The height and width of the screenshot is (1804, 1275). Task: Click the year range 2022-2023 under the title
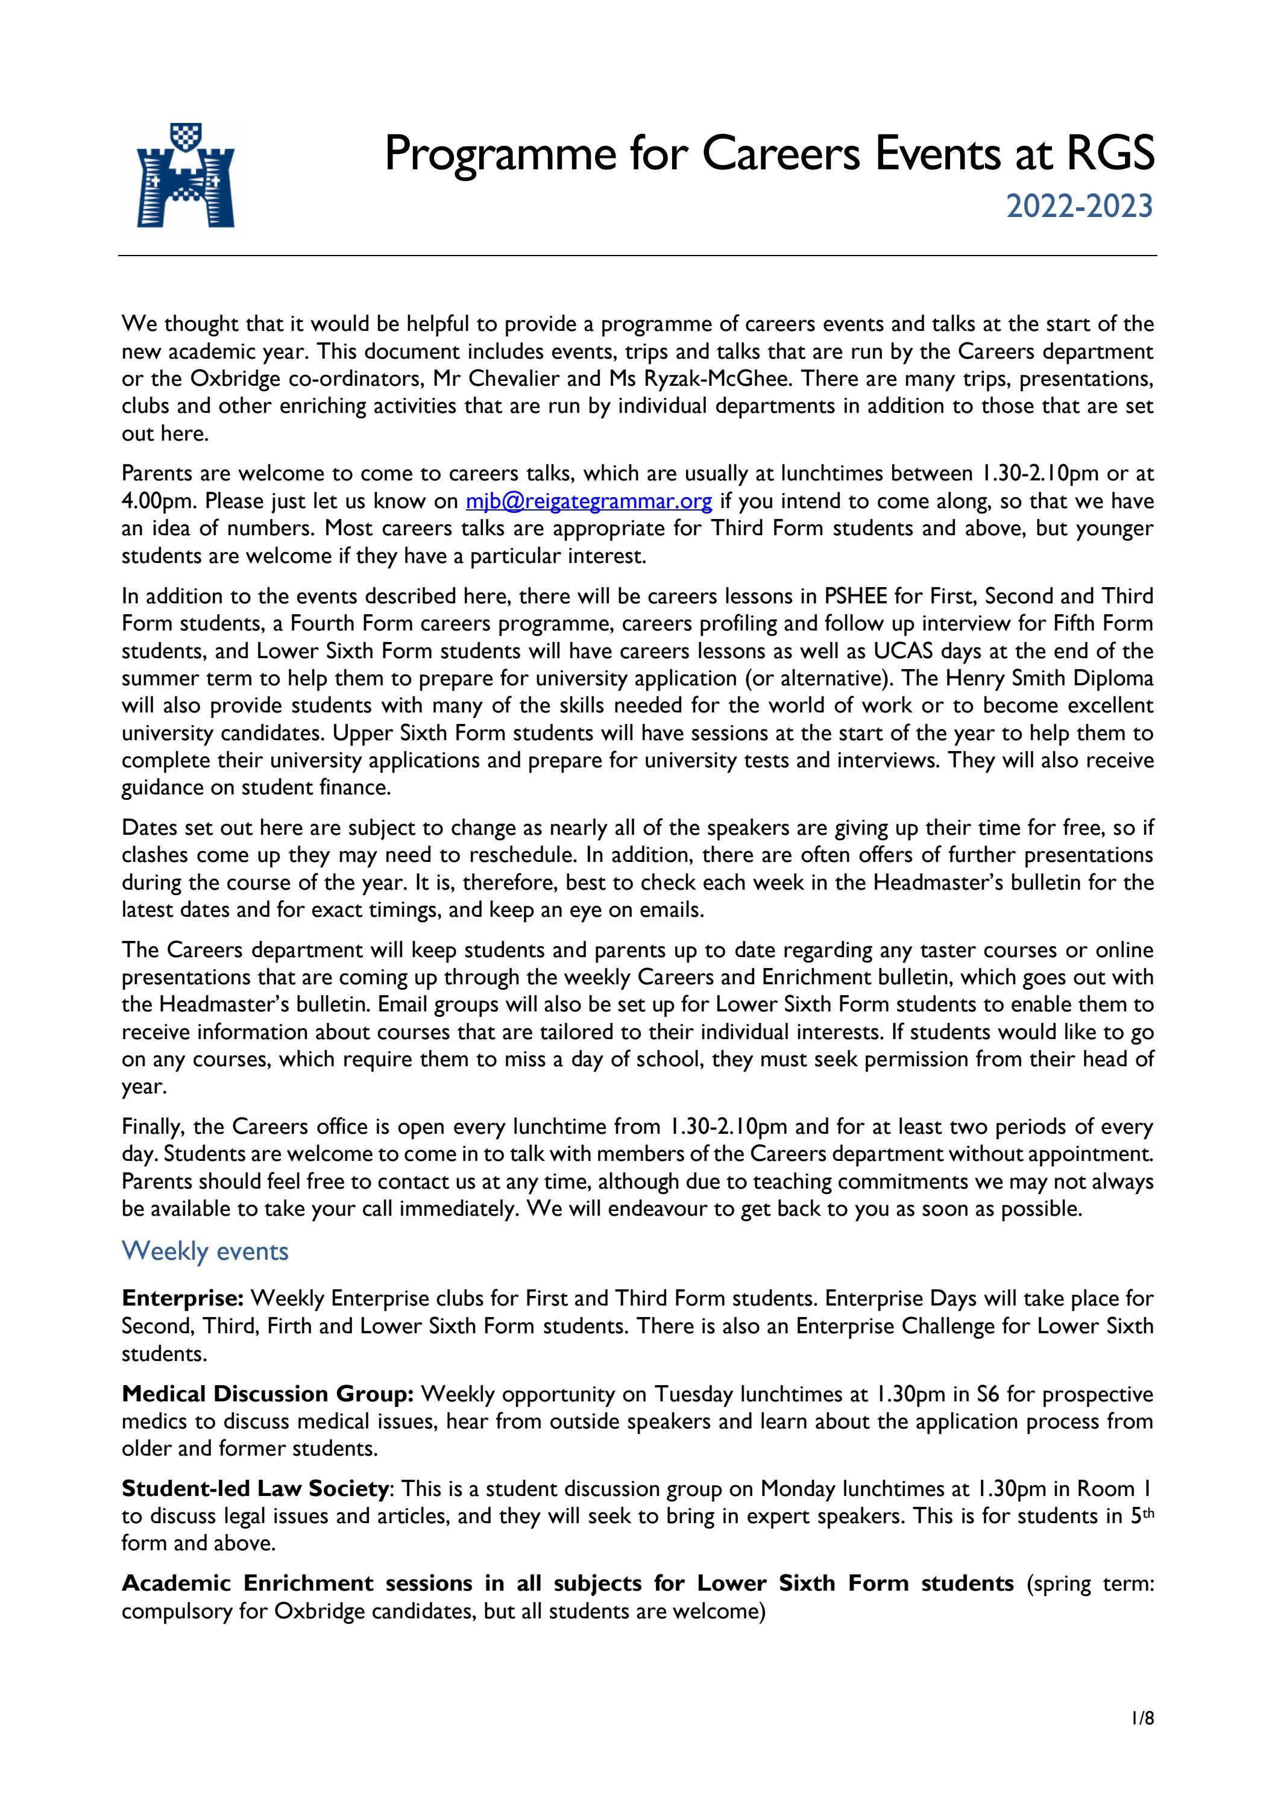coord(1079,207)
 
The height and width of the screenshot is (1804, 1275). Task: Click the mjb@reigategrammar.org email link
coord(589,501)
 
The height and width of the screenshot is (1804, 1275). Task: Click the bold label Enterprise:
coord(184,1298)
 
